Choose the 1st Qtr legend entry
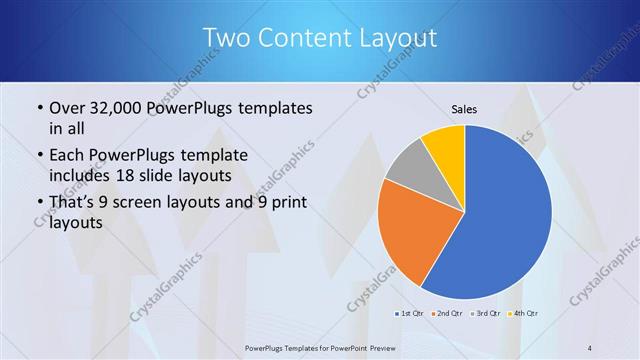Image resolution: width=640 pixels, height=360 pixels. [x=408, y=314]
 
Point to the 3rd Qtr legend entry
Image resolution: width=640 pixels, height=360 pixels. [x=487, y=314]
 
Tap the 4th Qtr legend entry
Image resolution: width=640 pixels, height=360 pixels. [x=526, y=314]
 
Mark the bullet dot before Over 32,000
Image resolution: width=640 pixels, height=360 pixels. [x=39, y=108]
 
